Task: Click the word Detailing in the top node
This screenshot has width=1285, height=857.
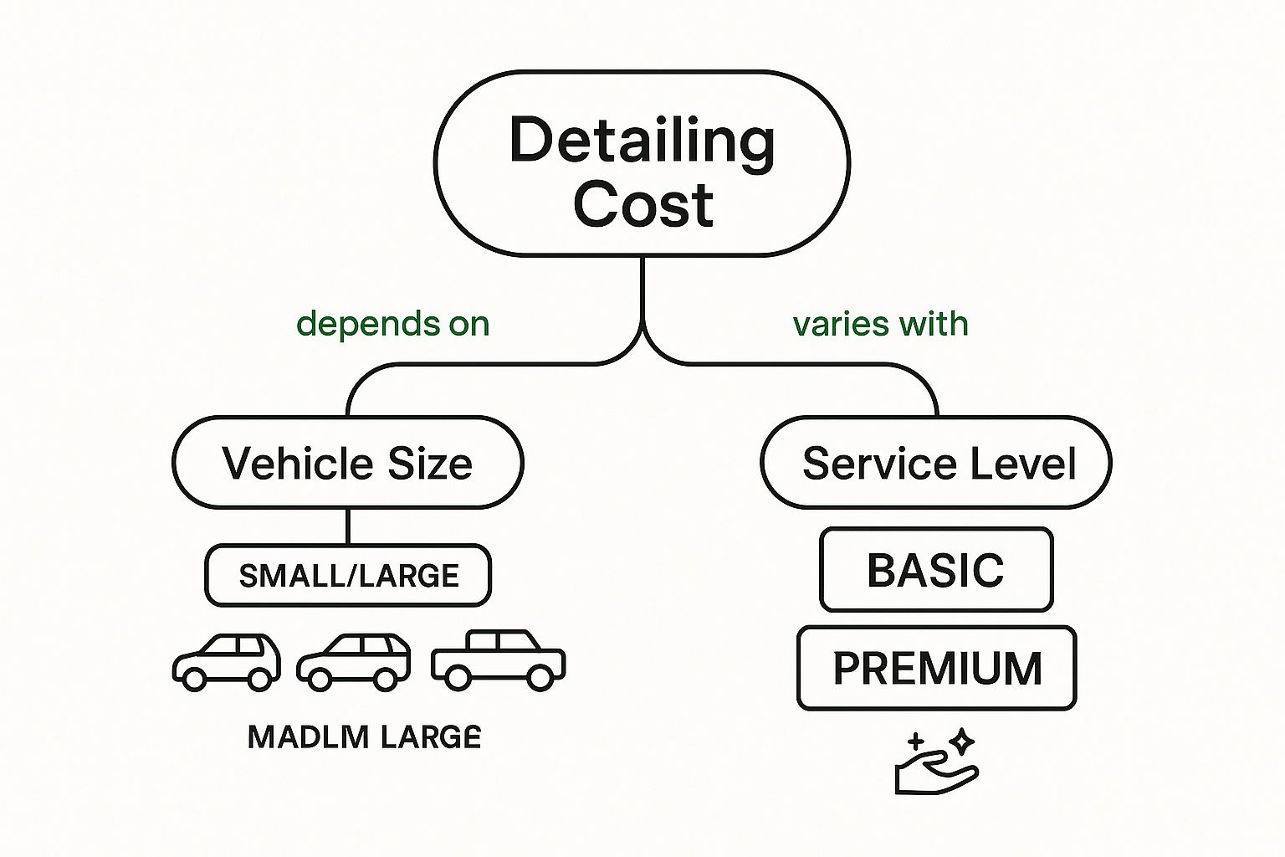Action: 642,141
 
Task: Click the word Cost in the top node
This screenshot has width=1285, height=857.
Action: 642,204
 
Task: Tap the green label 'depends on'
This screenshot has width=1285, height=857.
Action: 392,324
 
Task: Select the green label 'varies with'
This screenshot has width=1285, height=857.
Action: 880,324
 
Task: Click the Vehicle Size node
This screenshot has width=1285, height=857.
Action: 347,463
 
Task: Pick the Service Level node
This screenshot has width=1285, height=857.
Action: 936,463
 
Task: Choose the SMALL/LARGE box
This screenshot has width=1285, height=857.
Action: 348,576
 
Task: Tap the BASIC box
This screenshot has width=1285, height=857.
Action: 935,570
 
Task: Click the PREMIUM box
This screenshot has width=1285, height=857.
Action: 937,668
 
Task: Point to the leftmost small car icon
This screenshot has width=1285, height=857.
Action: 226,661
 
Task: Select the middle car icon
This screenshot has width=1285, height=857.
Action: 354,661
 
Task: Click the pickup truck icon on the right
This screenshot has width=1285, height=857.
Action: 499,659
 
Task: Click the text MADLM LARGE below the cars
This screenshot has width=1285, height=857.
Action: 365,737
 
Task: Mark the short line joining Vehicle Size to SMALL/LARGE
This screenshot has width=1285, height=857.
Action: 348,526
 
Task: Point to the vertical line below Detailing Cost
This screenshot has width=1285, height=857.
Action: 642,289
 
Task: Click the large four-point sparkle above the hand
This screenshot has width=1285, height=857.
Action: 962,741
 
